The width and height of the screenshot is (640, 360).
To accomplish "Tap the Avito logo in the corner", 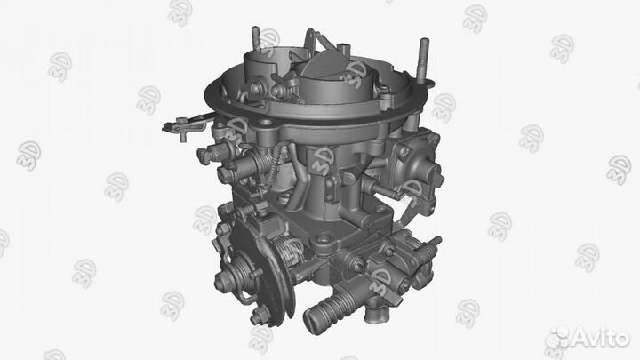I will (586, 337).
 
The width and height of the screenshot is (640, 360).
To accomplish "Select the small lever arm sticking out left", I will (183, 125).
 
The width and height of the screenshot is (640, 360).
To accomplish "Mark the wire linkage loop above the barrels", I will (316, 40).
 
